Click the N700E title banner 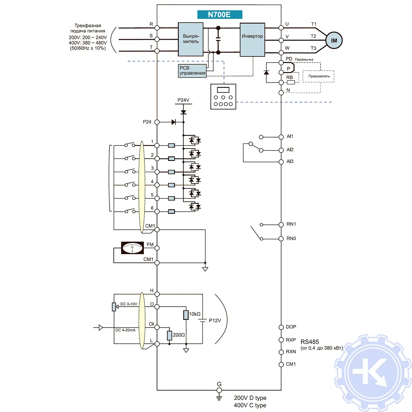click(219, 15)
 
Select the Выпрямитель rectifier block click(191, 39)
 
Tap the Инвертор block click(252, 40)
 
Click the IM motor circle click(334, 41)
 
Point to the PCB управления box click(192, 71)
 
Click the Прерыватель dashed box click(319, 76)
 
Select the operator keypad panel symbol click(223, 97)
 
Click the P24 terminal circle click(157, 122)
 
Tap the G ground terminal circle click(219, 390)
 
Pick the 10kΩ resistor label click(195, 314)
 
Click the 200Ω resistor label click(179, 335)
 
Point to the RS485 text click(310, 342)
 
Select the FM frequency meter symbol click(132, 248)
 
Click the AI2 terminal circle click(281, 150)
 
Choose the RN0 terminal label click(291, 238)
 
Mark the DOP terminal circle click(281, 327)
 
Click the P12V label click(215, 321)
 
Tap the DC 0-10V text click(129, 304)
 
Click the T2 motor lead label click(313, 36)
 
